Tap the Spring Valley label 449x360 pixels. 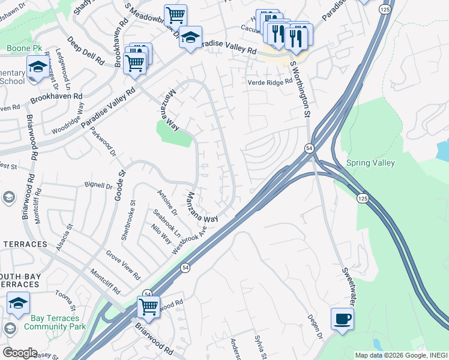click(x=370, y=163)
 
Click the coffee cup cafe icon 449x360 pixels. click(x=342, y=319)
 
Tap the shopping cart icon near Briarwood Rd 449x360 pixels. click(x=148, y=307)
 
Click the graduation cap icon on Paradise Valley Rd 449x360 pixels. click(x=190, y=37)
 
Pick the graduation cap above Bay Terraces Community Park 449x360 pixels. click(x=18, y=303)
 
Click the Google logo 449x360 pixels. click(x=20, y=352)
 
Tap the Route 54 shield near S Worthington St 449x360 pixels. click(x=309, y=148)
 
